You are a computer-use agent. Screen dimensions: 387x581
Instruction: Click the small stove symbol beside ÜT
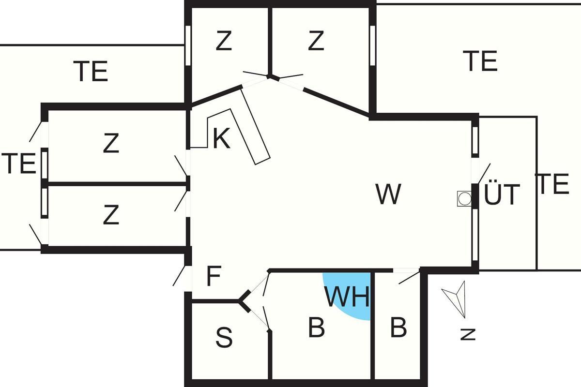coord(464,198)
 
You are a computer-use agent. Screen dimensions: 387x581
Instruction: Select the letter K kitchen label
coord(221,139)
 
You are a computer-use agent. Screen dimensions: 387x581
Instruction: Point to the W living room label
coord(388,194)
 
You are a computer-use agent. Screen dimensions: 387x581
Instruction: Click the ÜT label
coord(502,195)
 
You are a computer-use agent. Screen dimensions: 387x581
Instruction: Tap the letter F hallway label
coord(214,277)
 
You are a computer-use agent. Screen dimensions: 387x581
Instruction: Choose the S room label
coord(224,338)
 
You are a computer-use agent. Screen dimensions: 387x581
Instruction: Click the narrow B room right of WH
coord(398,328)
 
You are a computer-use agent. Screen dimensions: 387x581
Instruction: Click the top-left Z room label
coord(224,42)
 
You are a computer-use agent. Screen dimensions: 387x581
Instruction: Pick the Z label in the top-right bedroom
coord(316,42)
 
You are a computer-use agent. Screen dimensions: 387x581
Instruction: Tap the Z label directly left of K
coord(111,144)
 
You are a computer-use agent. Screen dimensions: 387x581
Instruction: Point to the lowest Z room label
coord(111,215)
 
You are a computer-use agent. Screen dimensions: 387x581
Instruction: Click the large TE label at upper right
coord(480,61)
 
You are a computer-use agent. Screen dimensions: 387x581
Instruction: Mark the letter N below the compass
coord(468,334)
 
